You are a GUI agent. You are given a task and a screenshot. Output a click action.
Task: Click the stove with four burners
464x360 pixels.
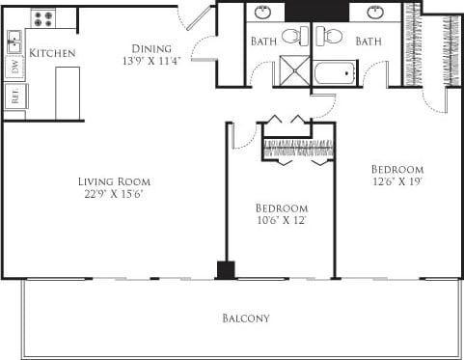[x=42, y=18]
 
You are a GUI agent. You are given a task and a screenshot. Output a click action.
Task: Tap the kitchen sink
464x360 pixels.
[x=14, y=42]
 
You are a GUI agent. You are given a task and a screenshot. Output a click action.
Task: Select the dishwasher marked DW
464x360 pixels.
[x=14, y=68]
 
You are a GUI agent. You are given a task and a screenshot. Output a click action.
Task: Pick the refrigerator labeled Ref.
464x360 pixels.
[x=14, y=96]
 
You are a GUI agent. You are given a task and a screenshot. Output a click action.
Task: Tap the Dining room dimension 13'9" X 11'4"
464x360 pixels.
[x=151, y=62]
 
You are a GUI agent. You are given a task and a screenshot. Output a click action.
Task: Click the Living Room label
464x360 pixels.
[x=114, y=180]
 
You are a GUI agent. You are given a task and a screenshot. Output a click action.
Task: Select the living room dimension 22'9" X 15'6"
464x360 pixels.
[x=114, y=193]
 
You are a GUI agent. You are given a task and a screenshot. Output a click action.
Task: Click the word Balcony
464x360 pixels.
[x=246, y=318]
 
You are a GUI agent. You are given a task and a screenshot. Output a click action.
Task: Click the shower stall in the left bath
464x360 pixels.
[x=290, y=73]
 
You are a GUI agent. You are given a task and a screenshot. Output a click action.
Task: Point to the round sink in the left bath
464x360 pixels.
[x=263, y=16]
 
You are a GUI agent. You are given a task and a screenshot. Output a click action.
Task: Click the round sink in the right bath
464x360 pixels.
[x=377, y=16]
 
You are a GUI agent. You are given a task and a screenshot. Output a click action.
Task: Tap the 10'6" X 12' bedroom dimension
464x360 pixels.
[x=281, y=221]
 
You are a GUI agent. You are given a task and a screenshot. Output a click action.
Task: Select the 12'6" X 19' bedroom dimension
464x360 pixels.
[x=397, y=180]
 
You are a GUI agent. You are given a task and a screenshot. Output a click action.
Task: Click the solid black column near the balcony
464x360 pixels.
[x=226, y=269]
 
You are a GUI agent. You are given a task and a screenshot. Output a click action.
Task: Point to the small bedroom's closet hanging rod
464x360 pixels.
[x=299, y=148]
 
